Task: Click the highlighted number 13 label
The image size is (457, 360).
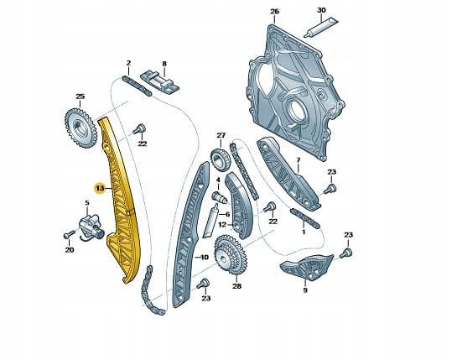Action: click(x=100, y=189)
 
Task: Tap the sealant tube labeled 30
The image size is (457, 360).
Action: click(x=320, y=29)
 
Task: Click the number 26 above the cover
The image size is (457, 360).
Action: click(x=274, y=12)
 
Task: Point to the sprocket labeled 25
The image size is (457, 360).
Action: click(x=80, y=128)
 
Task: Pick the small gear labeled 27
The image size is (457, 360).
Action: click(x=220, y=160)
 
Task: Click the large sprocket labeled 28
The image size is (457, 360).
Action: click(x=231, y=255)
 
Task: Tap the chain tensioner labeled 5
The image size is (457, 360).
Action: click(x=91, y=227)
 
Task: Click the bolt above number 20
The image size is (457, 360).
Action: click(x=69, y=234)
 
